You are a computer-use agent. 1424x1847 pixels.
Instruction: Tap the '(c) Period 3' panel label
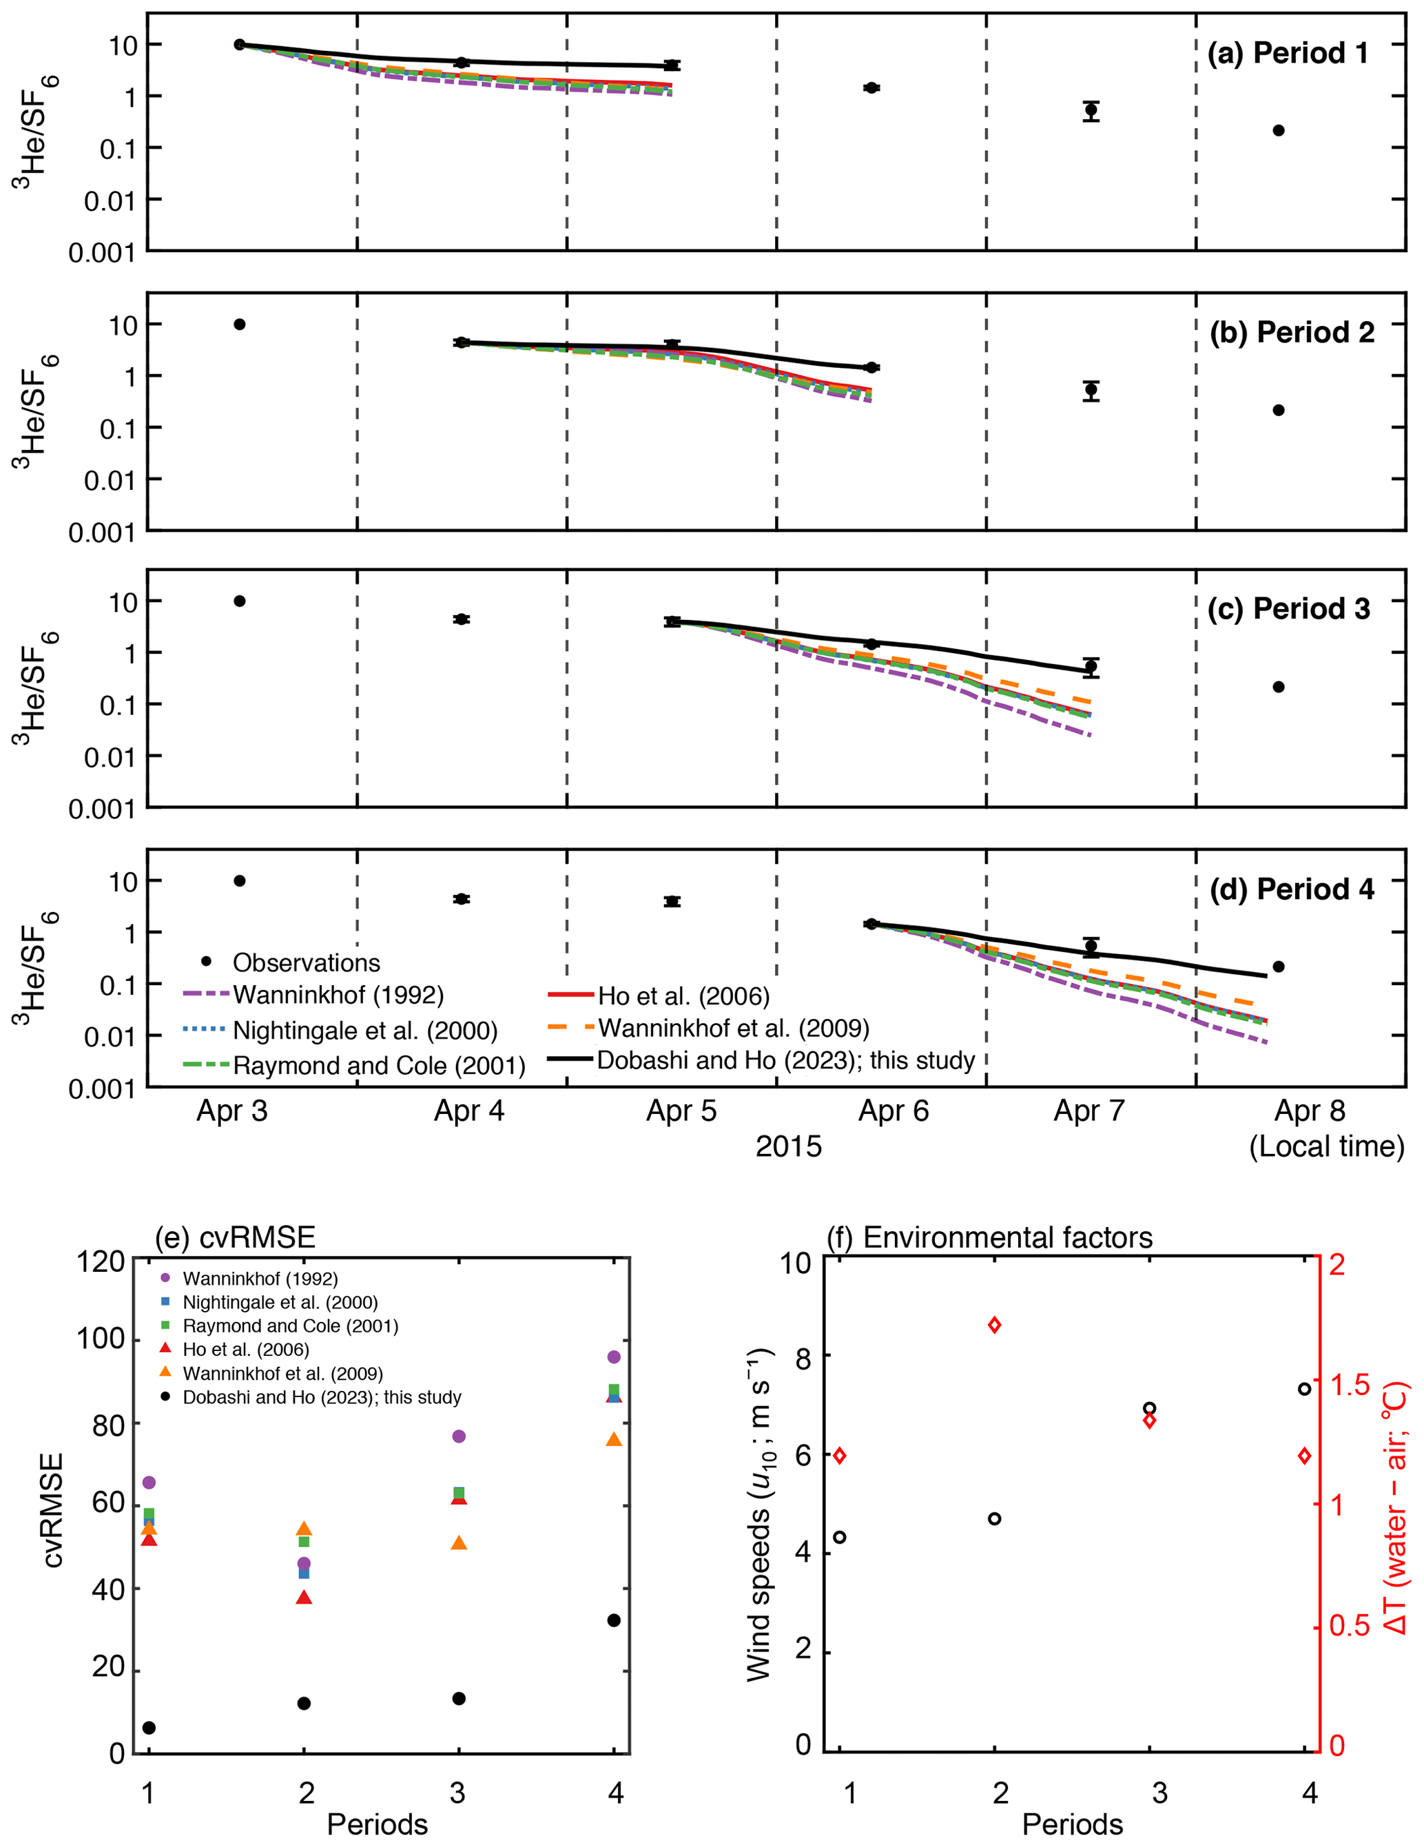click(1288, 609)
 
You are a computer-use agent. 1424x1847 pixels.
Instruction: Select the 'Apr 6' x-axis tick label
click(893, 1111)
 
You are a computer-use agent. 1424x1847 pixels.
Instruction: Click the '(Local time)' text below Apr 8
click(1326, 1147)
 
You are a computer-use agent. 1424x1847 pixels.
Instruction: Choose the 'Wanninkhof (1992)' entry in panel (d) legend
click(338, 995)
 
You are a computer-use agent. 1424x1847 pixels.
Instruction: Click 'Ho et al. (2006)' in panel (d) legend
click(683, 996)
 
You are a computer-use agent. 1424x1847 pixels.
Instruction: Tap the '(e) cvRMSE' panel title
click(235, 1237)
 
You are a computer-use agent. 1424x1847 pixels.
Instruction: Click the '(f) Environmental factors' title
click(989, 1237)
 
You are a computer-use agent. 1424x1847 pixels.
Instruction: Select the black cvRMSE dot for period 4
click(614, 1620)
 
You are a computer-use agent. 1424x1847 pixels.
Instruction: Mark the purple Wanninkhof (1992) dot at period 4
click(614, 1356)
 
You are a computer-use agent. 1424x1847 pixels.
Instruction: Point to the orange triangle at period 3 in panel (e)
click(459, 1542)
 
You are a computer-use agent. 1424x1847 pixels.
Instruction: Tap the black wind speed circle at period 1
click(840, 1536)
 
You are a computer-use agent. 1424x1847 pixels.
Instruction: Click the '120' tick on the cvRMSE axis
click(101, 1263)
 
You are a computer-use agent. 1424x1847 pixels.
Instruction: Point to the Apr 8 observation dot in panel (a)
click(1279, 130)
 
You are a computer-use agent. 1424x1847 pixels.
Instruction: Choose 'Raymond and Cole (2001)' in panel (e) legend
click(290, 1325)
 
